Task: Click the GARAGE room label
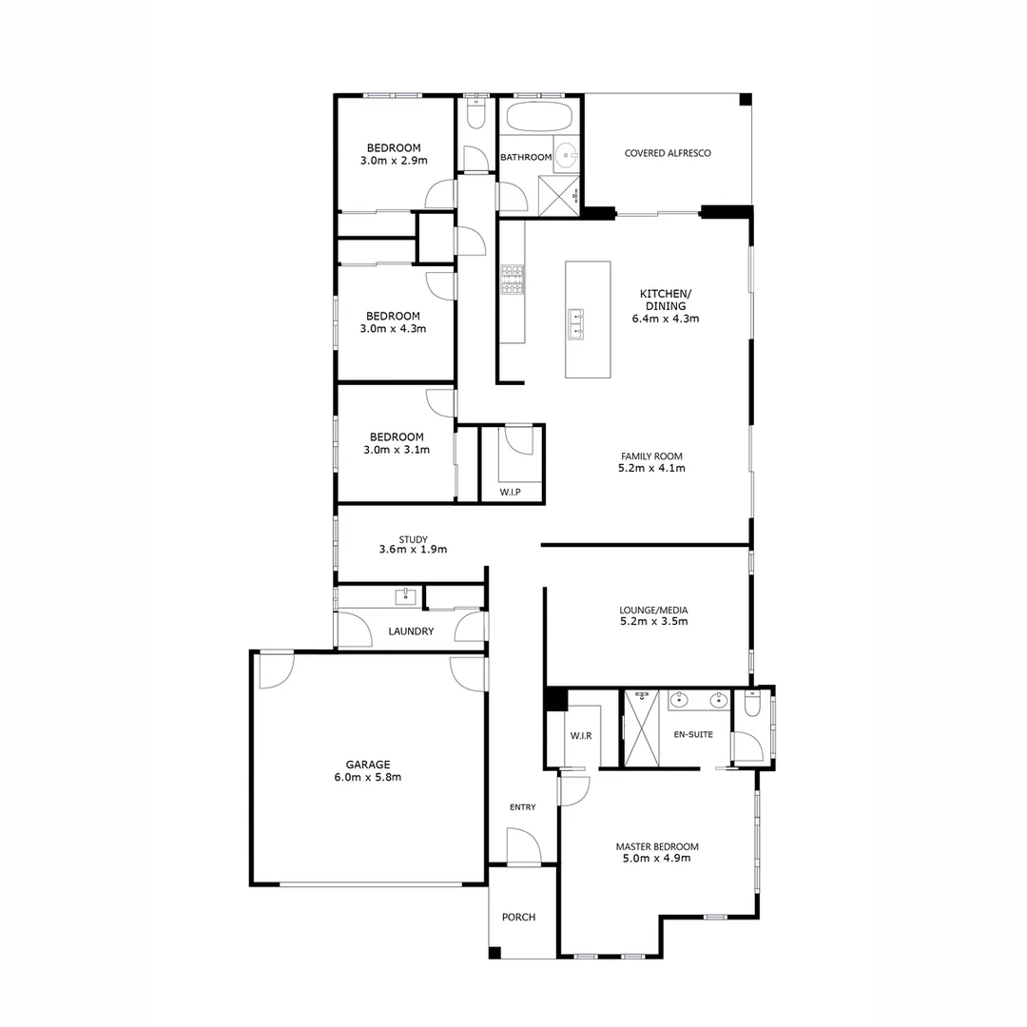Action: (367, 764)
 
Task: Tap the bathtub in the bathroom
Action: (538, 118)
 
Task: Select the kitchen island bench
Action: (588, 320)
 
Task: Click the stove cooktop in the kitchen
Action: (513, 278)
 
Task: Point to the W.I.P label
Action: (510, 493)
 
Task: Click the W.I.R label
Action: (581, 736)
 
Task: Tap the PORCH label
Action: (518, 918)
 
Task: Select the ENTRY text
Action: (522, 807)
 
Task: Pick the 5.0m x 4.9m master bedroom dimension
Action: (657, 858)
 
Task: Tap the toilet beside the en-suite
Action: (752, 705)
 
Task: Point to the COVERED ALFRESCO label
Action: (668, 153)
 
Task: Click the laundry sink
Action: (405, 596)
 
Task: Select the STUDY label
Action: (413, 539)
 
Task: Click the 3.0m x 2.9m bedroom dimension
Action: (394, 161)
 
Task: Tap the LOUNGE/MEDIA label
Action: (653, 610)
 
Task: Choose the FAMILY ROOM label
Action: (651, 456)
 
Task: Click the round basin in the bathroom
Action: (567, 153)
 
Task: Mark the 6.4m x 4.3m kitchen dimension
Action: (666, 319)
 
